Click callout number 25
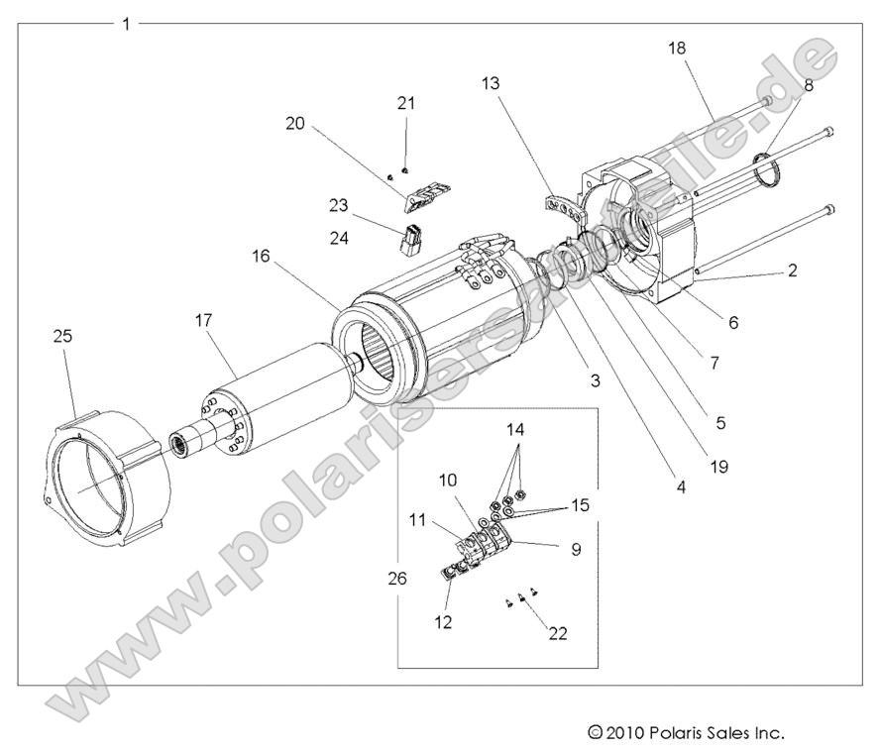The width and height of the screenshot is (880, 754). tap(61, 338)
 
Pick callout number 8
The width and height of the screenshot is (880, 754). tap(809, 85)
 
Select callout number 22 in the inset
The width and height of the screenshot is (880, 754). tap(557, 634)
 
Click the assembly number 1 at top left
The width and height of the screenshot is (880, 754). tap(125, 23)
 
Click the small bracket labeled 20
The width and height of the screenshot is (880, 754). tap(425, 193)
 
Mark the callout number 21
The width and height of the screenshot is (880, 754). tap(407, 103)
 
